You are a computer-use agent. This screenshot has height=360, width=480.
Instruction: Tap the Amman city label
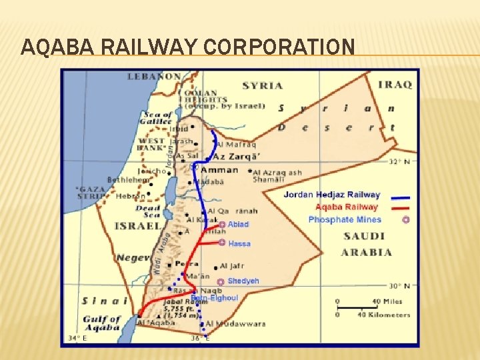click(x=220, y=169)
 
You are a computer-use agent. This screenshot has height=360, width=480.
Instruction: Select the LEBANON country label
click(x=154, y=77)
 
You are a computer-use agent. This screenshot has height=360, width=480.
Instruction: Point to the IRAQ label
click(x=395, y=85)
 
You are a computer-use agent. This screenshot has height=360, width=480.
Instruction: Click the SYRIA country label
click(x=262, y=85)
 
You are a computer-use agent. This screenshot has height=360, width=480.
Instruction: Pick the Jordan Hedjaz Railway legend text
click(x=331, y=195)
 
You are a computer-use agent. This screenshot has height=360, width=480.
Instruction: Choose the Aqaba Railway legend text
click(x=347, y=207)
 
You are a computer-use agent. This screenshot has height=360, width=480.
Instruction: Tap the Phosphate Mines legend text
click(x=345, y=219)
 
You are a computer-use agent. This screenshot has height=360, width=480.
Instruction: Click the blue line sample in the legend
click(x=400, y=197)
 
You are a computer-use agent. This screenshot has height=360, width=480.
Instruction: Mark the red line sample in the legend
click(x=400, y=209)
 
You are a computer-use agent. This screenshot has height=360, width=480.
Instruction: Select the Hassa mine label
click(x=239, y=244)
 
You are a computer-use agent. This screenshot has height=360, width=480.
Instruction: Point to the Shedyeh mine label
click(x=243, y=281)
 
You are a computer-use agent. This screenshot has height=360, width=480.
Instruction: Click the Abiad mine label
click(x=238, y=225)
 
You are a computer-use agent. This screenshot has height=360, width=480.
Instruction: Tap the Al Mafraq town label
click(x=237, y=144)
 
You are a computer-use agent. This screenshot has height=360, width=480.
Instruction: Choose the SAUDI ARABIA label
click(x=366, y=244)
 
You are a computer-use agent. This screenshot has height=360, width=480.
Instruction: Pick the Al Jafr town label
click(x=233, y=265)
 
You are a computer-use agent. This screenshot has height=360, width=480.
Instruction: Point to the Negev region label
click(x=131, y=257)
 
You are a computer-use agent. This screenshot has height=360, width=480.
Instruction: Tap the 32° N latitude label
click(x=398, y=161)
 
